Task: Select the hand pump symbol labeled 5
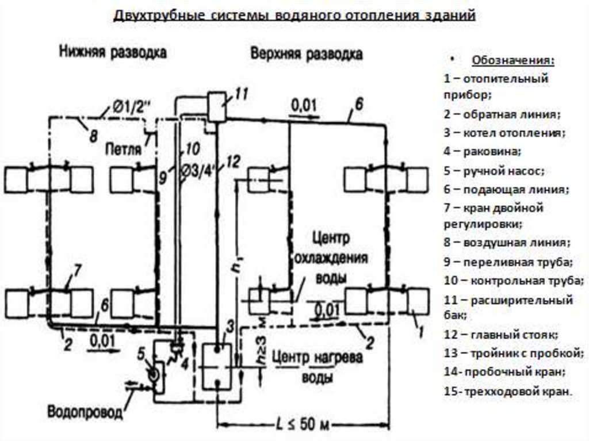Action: point(155,374)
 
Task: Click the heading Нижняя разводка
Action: point(113,53)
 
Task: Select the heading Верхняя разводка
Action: point(306,54)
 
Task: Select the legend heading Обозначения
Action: point(514,61)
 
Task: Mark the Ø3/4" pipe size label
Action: point(197,168)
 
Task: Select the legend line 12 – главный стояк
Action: point(501,335)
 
